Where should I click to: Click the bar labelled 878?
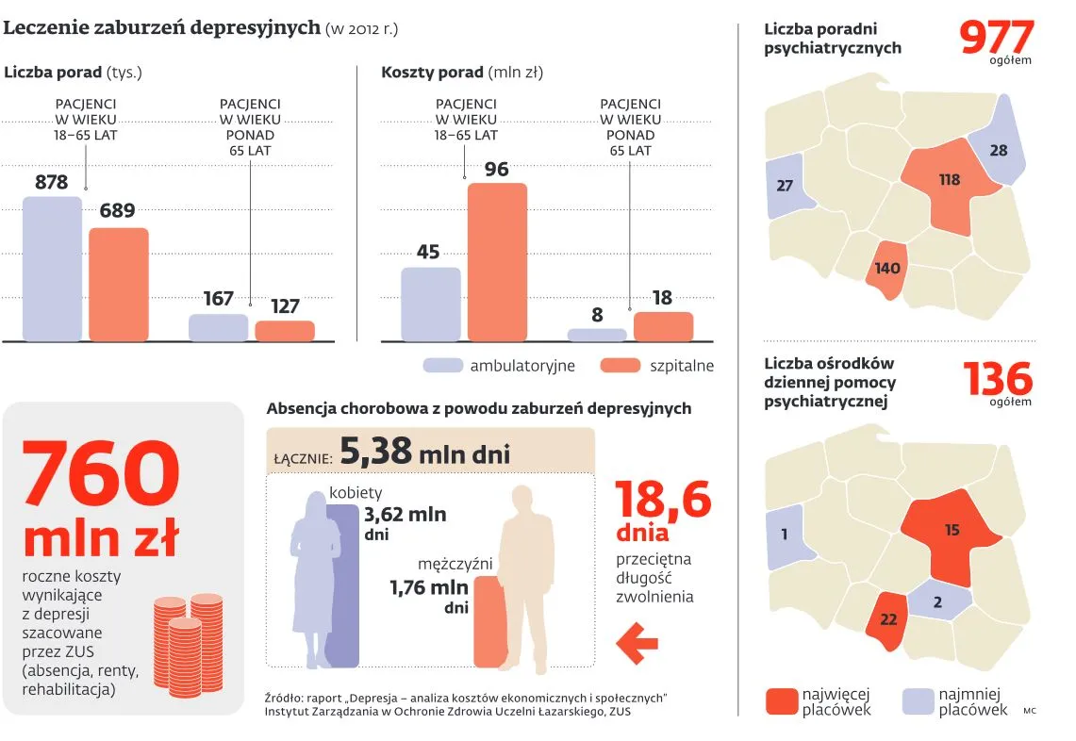coord(52,269)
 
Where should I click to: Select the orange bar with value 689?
coord(119,284)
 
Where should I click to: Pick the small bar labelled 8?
coord(596,335)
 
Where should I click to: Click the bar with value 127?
coord(285,331)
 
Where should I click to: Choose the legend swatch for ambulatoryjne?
coord(442,366)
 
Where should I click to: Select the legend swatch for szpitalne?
coord(620,366)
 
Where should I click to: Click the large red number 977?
coord(996,38)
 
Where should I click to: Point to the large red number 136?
coord(997,379)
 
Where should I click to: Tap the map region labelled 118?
coord(948,184)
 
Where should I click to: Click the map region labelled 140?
coord(886,270)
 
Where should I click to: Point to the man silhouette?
coord(526,575)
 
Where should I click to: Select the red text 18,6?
coord(663,500)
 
